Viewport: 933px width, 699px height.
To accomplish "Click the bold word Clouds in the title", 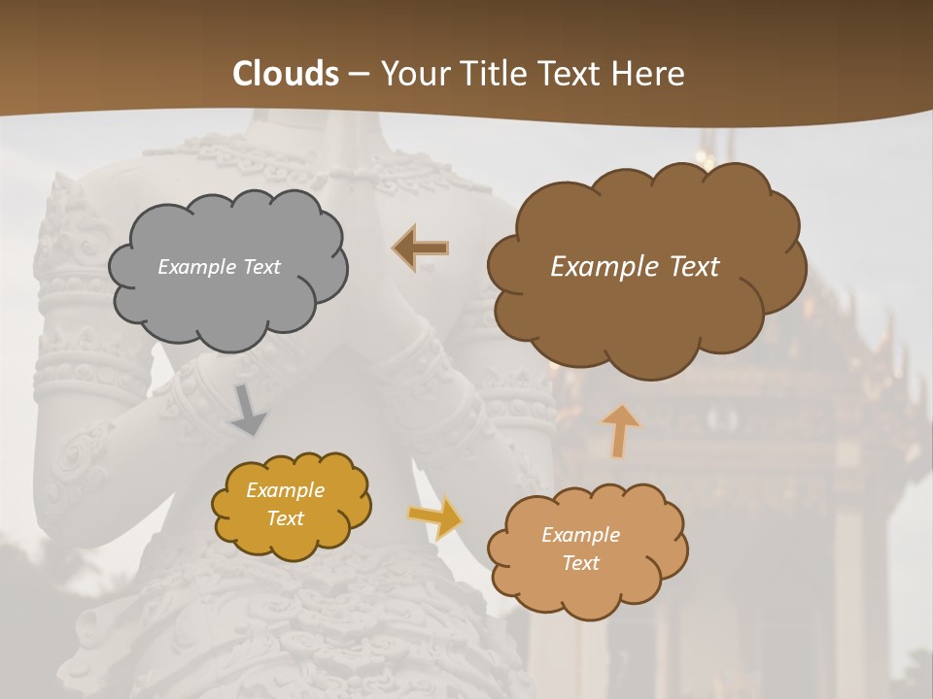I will pos(286,74).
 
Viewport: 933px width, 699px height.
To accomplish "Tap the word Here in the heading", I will pos(650,74).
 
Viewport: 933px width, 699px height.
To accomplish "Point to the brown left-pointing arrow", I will pos(422,249).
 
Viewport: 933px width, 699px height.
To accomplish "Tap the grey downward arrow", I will pos(249,410).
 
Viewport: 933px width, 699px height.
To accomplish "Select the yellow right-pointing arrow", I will pos(435,516).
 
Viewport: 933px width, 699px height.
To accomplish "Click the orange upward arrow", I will pos(620,430).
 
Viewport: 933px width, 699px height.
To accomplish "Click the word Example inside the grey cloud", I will pos(196,267).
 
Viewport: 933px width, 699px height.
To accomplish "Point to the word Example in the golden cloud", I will pos(285,490).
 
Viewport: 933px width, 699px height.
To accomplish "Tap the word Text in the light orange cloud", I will pos(580,563).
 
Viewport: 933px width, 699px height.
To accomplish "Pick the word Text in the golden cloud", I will pos(285,518).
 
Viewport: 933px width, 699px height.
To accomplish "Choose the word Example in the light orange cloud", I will pos(580,535).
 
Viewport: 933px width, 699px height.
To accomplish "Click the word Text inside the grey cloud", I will pos(259,267).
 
